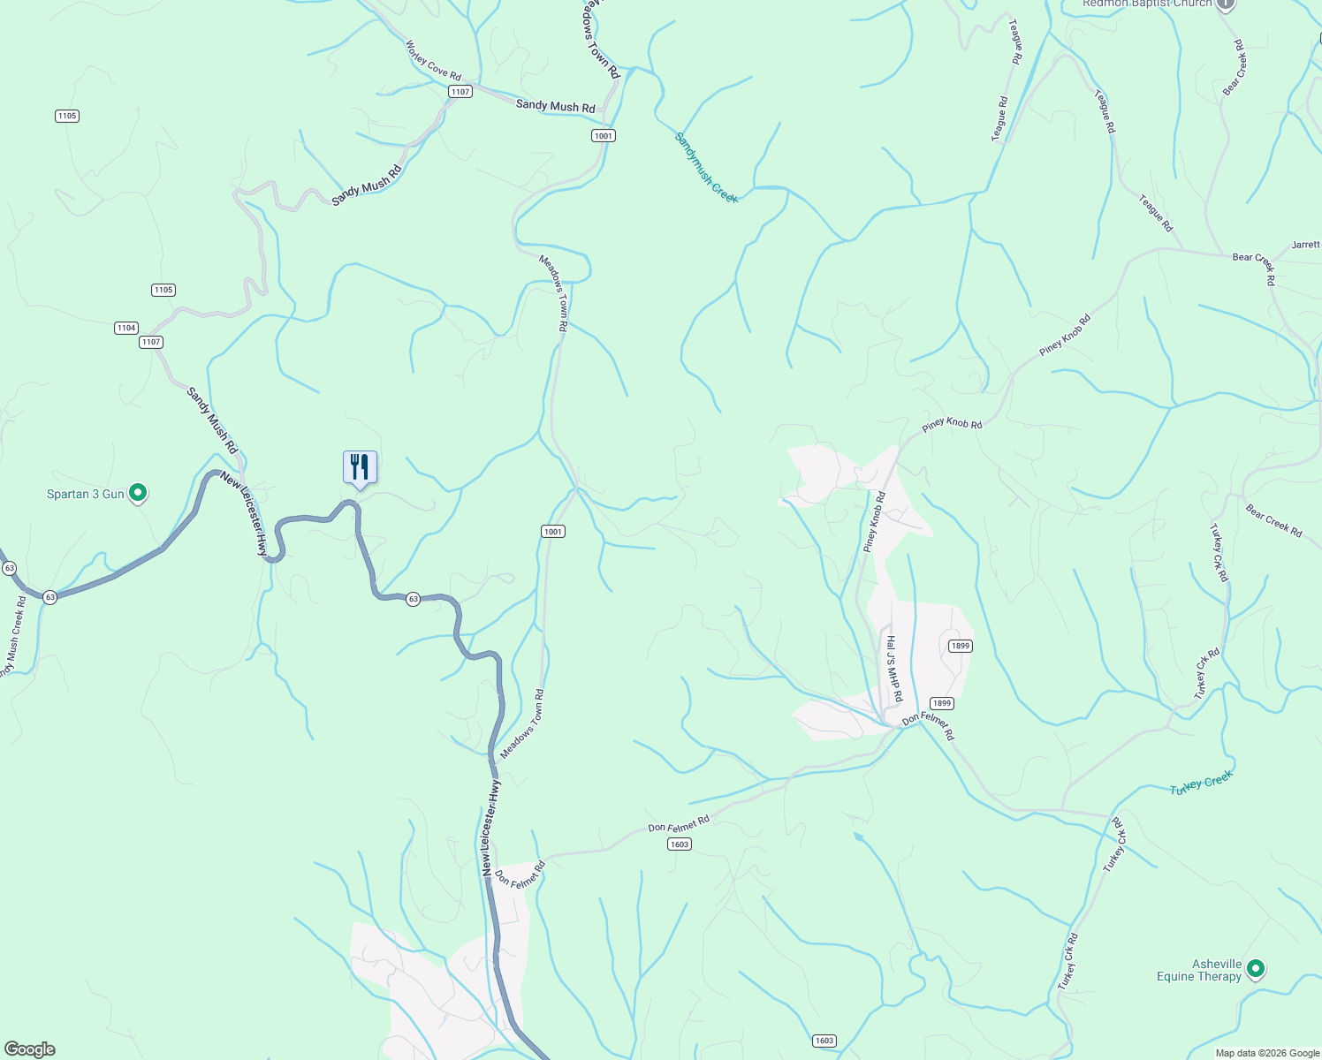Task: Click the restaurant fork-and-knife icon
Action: point(360,466)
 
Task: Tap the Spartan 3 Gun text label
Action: point(86,494)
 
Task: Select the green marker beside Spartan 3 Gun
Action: point(138,493)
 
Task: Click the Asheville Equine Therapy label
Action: point(1199,970)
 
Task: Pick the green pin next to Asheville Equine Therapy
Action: point(1255,969)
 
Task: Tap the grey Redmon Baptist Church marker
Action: point(1225,4)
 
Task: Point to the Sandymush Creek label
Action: point(706,168)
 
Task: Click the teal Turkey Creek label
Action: point(1201,783)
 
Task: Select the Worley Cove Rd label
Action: point(433,60)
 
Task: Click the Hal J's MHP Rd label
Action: point(894,669)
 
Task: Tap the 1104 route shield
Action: point(126,328)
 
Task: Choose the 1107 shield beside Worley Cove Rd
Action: point(460,92)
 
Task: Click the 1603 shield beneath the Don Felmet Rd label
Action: point(679,844)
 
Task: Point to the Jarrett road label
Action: point(1305,245)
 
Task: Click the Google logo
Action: point(29,1049)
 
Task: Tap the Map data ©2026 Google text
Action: point(1266,1053)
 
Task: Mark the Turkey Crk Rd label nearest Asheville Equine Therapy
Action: point(1069,962)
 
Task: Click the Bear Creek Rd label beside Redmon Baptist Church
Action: point(1235,68)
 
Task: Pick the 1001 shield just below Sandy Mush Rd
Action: point(603,135)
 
